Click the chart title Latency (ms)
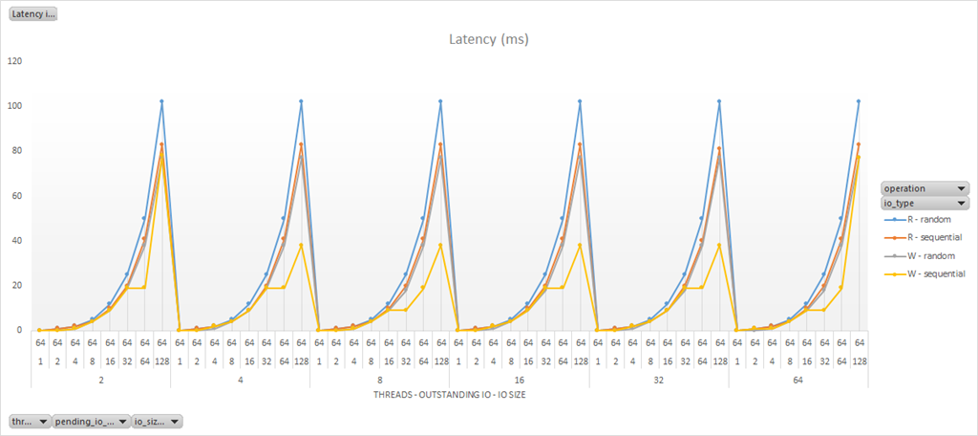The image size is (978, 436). point(488,39)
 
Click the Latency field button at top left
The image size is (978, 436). point(33,13)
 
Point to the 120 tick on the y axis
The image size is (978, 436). point(14,61)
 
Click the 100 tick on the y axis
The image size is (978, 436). point(14,106)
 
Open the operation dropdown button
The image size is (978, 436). point(925,188)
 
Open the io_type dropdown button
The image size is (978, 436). point(925,203)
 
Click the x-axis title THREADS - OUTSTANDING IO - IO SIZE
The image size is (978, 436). point(450,393)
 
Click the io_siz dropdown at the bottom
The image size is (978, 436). point(157,421)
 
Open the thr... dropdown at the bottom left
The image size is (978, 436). point(30,421)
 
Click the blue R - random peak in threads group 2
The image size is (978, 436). point(161,101)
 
